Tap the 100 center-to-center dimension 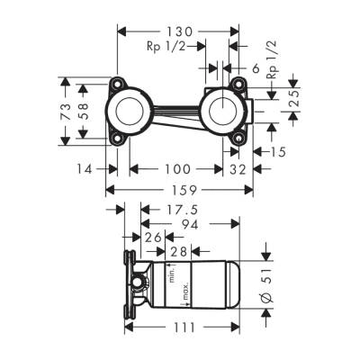click(177, 168)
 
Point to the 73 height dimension click(65, 112)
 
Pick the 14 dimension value click(85, 168)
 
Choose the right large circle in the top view click(220, 112)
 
